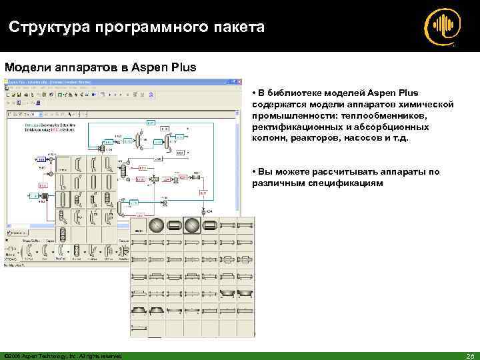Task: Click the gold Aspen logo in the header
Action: [x=442, y=26]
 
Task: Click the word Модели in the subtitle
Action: [x=25, y=67]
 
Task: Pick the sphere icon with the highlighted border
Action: [x=192, y=225]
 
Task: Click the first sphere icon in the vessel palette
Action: [x=157, y=225]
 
